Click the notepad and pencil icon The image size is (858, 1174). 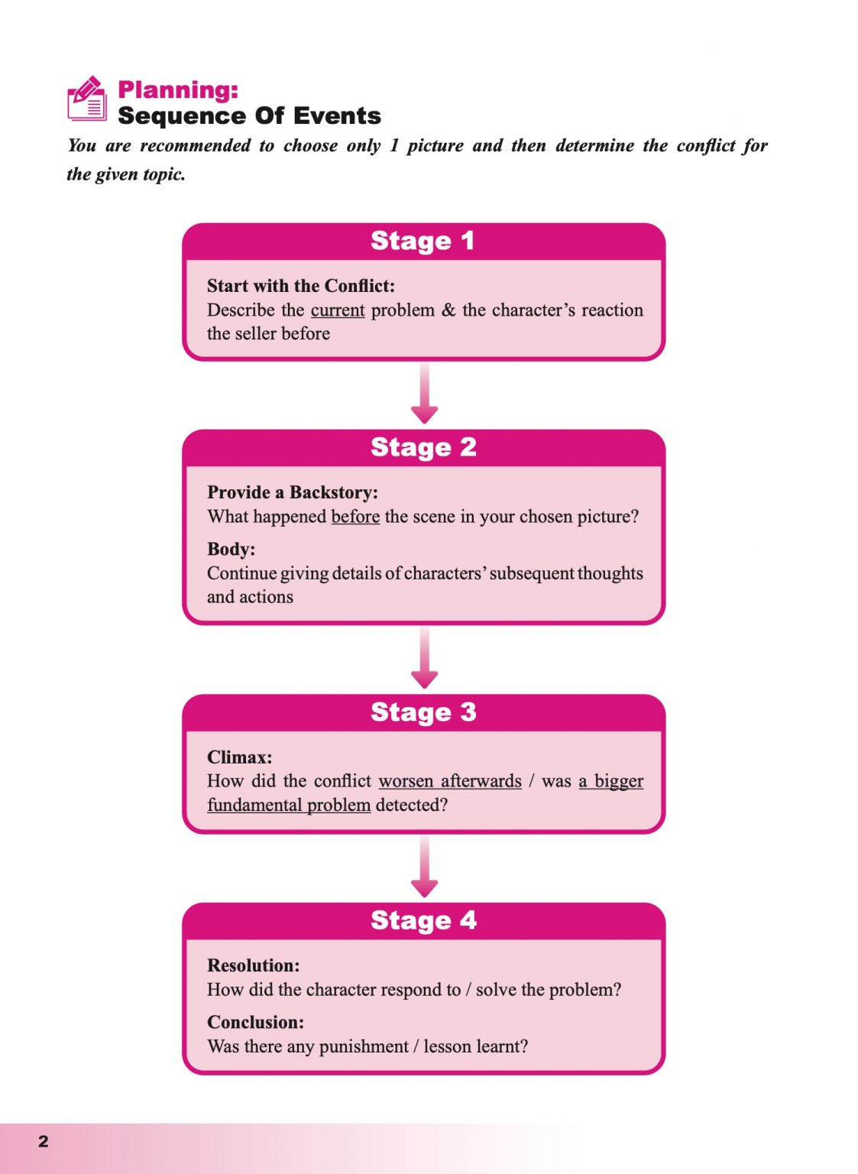(87, 99)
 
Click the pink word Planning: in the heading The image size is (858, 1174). (178, 89)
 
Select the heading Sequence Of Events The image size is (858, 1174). (249, 116)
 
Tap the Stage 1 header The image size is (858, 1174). (423, 241)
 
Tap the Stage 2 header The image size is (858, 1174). (423, 447)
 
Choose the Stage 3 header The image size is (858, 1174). (423, 712)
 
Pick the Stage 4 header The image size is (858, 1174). (423, 920)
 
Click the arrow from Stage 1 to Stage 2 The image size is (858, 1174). (424, 394)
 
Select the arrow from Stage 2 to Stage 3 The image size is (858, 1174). (424, 658)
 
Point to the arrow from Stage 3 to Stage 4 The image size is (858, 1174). (424, 867)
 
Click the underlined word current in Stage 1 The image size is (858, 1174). (337, 310)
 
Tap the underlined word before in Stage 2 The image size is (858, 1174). (355, 517)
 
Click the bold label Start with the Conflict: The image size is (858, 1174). (301, 286)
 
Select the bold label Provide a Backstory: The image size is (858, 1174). (293, 492)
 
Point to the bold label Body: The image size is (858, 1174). (231, 549)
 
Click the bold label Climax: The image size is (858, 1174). (239, 757)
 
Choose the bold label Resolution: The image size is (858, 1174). (253, 965)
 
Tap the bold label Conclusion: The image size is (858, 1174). (255, 1022)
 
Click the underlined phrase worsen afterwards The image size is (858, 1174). (450, 781)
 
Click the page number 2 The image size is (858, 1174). (44, 1141)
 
